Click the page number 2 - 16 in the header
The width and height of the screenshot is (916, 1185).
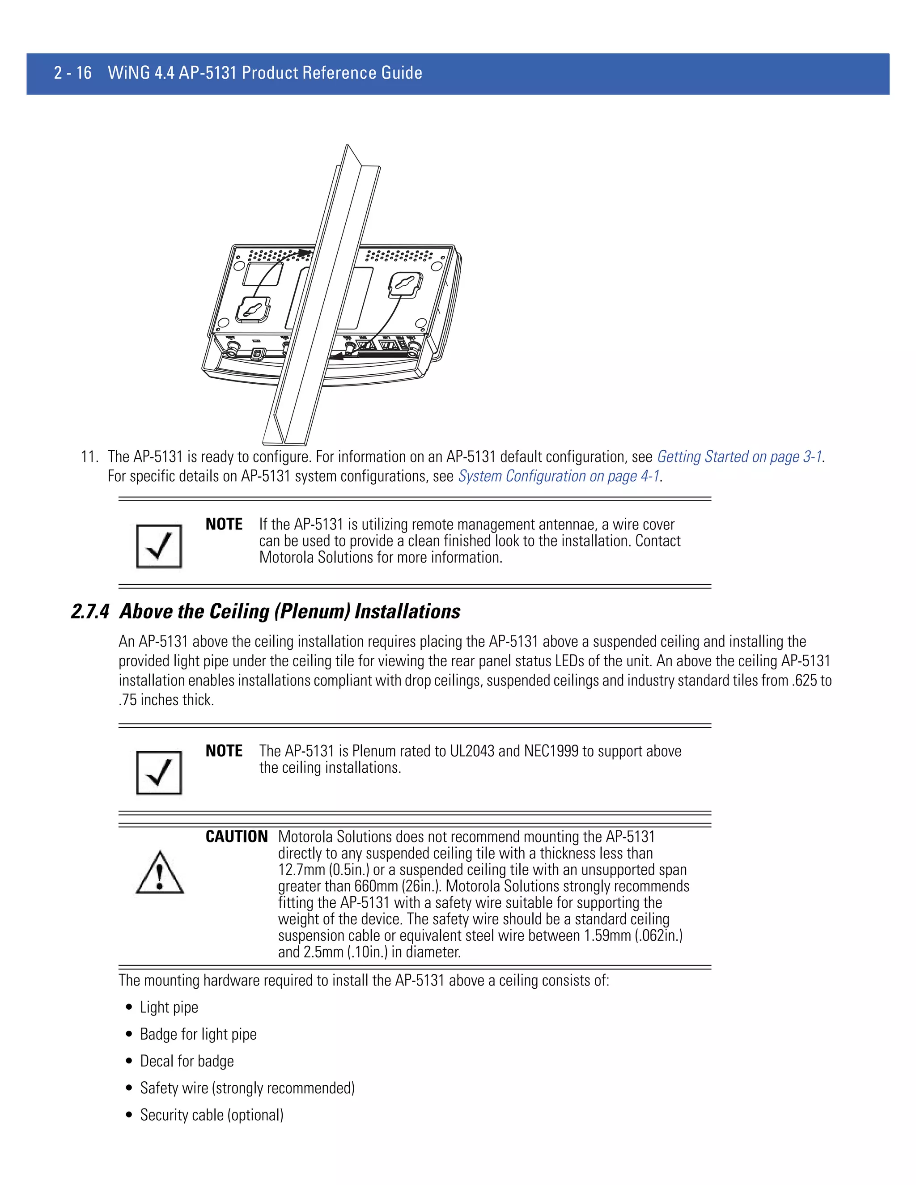point(73,73)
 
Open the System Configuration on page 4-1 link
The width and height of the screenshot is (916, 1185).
point(559,476)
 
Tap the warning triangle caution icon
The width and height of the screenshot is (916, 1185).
point(160,873)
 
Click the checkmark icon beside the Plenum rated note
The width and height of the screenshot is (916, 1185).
point(159,773)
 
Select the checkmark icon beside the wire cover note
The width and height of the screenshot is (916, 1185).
point(159,546)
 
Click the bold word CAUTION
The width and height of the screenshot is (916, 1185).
point(237,837)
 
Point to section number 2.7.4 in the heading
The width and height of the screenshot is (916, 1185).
point(90,611)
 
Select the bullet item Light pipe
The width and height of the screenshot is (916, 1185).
point(169,1007)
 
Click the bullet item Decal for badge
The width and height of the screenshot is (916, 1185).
point(187,1061)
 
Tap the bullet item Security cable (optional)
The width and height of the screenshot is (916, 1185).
point(212,1115)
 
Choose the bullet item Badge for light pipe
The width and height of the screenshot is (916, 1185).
point(198,1034)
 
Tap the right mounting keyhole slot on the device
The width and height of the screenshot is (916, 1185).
point(405,284)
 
